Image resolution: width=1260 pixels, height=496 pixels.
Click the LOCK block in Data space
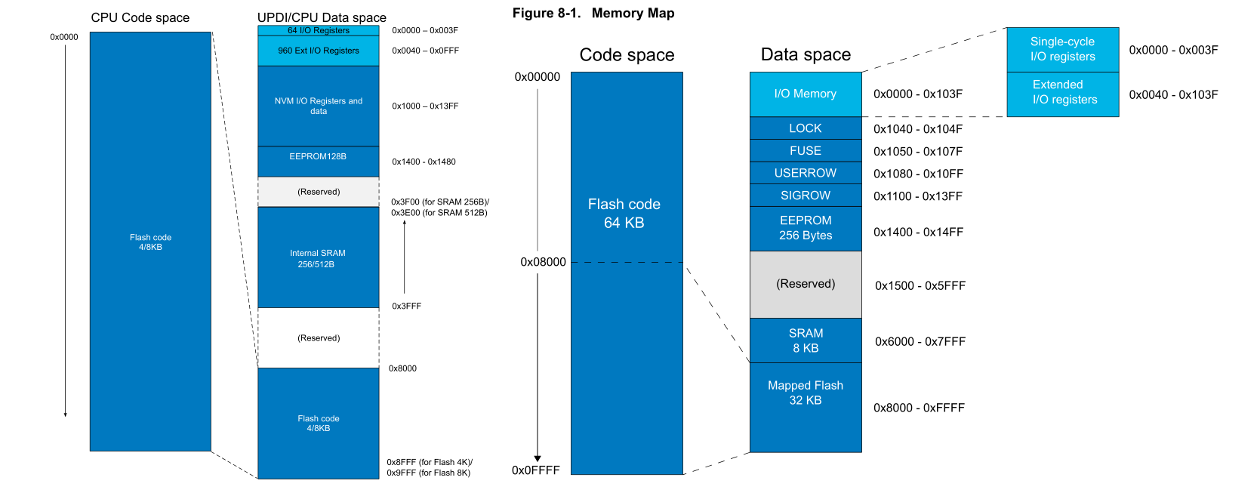point(806,128)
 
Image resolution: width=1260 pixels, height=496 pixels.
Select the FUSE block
point(806,151)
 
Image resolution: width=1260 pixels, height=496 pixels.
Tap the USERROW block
point(806,173)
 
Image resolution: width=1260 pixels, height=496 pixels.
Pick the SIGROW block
point(806,196)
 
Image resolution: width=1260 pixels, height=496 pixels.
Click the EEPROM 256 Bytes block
point(806,228)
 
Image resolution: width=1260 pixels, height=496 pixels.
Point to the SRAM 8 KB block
point(806,340)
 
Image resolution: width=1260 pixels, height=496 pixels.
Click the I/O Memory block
point(806,94)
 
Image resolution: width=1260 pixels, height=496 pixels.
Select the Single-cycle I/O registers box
point(1062,49)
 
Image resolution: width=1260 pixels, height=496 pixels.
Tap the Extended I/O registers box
point(1062,93)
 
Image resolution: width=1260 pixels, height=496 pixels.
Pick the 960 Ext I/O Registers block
point(318,51)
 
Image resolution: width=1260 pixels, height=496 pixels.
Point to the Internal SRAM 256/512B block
point(318,258)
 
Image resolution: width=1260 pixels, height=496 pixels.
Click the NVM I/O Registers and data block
point(318,106)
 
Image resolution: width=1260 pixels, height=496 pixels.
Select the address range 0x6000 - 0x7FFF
point(920,342)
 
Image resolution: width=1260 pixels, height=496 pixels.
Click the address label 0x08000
point(543,262)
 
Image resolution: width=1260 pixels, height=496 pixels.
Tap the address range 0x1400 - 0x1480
point(424,162)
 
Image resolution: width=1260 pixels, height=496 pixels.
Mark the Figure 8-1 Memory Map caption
point(593,13)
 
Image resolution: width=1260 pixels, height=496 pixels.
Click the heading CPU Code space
point(140,17)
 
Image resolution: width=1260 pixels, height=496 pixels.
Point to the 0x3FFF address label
point(406,307)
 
